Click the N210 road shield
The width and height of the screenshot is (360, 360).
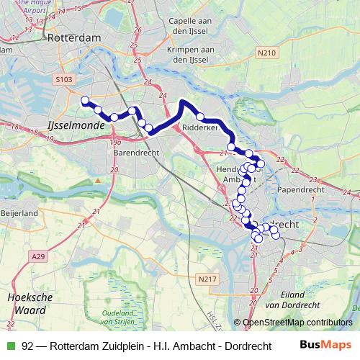pyautogui.click(x=267, y=53)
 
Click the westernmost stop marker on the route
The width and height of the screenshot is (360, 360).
pyautogui.click(x=85, y=101)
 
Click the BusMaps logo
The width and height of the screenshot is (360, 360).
pyautogui.click(x=325, y=346)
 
